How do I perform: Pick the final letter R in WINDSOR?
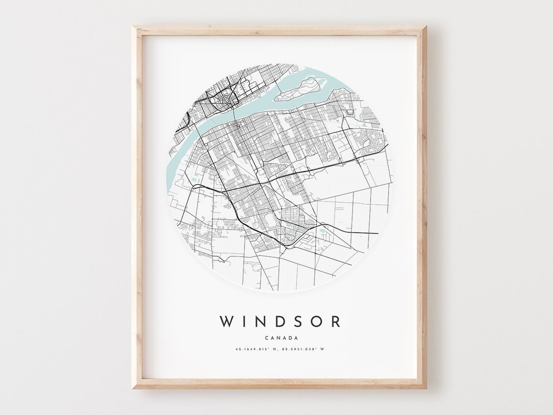pos(335,321)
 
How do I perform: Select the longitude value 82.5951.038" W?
pos(302,349)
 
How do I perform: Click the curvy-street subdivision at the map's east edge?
pos(372,141)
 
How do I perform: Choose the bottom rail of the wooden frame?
pos(279,383)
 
